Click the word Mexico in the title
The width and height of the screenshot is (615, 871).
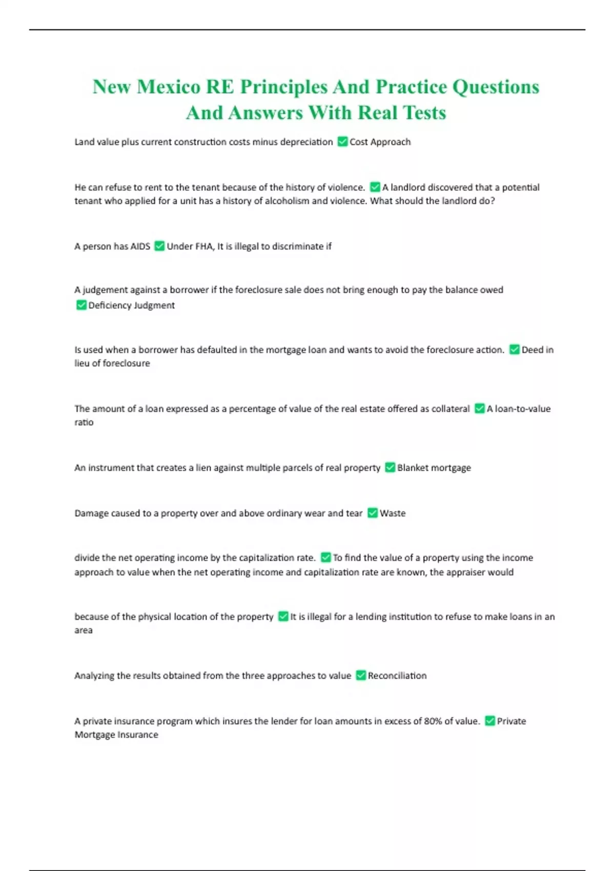tap(169, 87)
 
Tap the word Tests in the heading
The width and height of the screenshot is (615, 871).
tap(421, 113)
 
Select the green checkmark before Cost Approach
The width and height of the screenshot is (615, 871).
tap(343, 142)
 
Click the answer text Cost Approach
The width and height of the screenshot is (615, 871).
tap(380, 142)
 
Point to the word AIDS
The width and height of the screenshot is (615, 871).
tap(140, 246)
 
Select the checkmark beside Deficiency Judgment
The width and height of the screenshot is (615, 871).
tap(81, 305)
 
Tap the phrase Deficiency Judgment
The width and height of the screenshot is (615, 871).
tap(131, 305)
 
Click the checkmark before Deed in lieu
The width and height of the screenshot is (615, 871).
tap(514, 350)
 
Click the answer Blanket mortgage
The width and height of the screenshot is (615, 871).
tap(434, 468)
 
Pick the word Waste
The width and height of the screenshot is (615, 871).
tap(393, 513)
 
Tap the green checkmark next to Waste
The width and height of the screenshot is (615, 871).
tap(373, 513)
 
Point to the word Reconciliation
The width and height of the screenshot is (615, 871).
tap(397, 676)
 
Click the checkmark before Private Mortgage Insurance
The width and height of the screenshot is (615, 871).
tap(490, 721)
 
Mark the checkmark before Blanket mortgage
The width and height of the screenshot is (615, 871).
tap(390, 468)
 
